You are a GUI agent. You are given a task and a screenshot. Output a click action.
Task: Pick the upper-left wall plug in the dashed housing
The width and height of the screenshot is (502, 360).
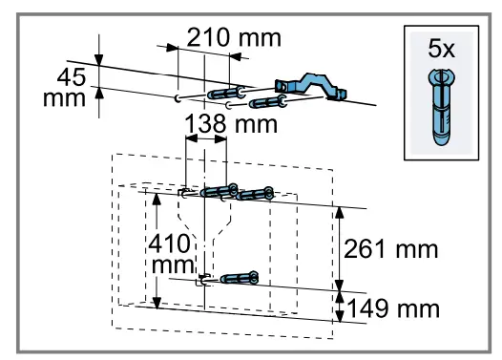[219, 191]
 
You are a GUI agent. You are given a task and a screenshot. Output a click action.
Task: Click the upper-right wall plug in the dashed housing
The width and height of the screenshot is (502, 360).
[255, 196]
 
